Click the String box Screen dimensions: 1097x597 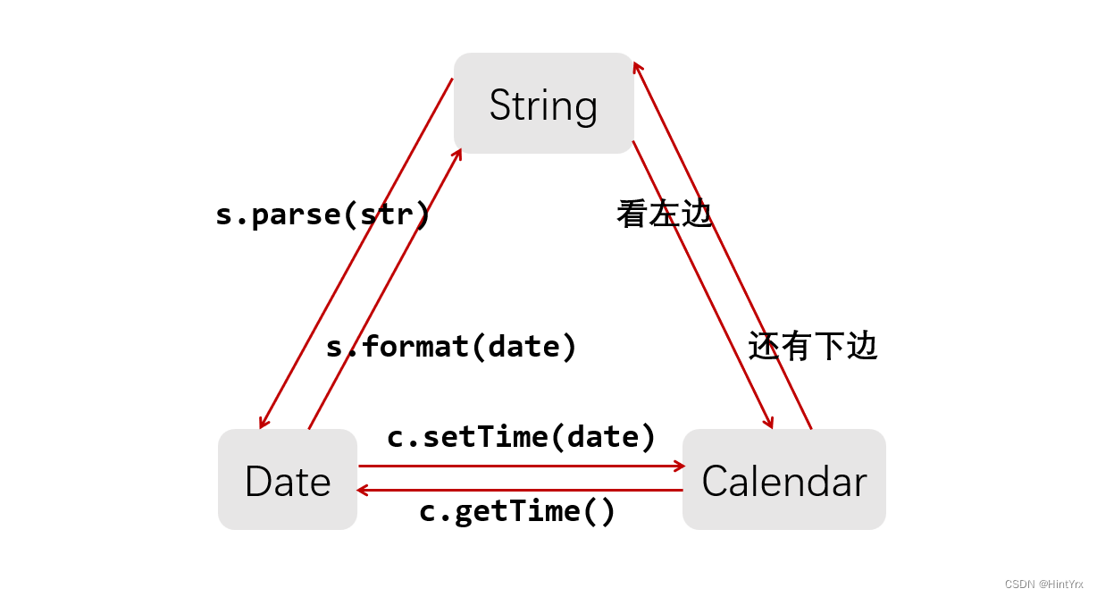pos(544,104)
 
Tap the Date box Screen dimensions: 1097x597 pos(288,479)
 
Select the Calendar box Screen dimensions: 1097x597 pos(784,479)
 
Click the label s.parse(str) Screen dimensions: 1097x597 pos(322,214)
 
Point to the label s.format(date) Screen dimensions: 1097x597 pos(451,347)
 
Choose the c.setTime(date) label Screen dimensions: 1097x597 pos(521,436)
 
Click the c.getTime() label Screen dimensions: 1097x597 pos(516,511)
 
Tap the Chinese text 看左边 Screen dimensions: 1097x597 pos(664,214)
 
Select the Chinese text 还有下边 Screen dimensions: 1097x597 pos(813,346)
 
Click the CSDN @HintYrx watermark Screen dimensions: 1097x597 pos(1043,584)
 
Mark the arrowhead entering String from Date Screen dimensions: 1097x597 pos(458,155)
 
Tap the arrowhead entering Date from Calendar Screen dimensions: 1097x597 pos(362,490)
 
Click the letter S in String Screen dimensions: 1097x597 pos(500,105)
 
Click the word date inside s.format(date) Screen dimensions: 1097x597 pos(524,347)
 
